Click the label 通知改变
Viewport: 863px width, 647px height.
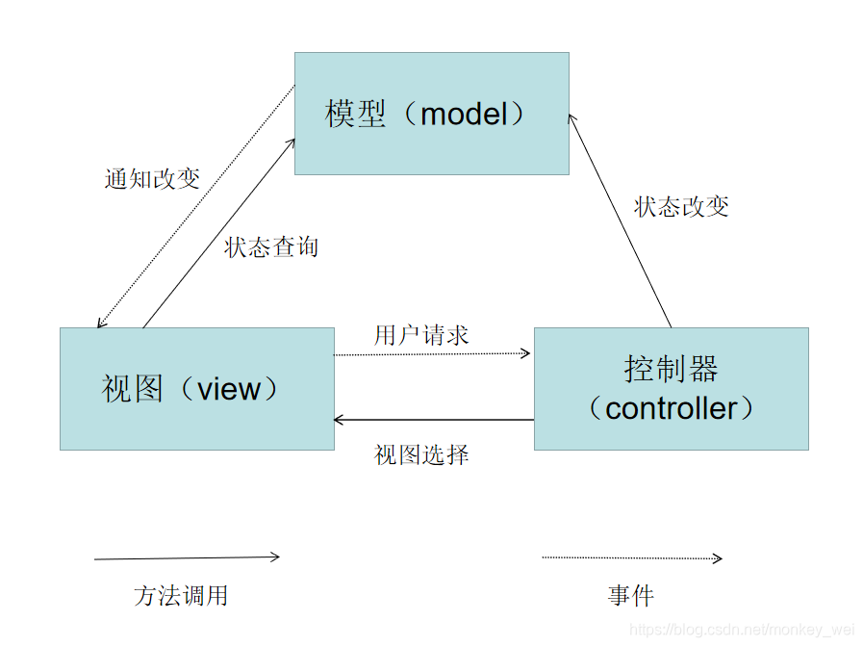coord(152,179)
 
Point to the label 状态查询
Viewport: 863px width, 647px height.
coord(271,247)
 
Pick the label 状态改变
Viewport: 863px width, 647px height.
coord(681,207)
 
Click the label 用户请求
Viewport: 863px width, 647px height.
coord(421,335)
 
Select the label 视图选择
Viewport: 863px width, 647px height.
coord(421,454)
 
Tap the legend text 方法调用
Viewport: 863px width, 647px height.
coord(181,596)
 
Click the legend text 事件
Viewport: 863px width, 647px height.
coord(630,596)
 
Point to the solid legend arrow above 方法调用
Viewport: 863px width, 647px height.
coord(187,556)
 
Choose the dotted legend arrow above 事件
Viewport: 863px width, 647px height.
coord(631,556)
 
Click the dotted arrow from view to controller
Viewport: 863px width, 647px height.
coord(433,354)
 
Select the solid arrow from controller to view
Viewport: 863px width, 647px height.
coord(433,420)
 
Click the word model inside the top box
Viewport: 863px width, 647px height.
coord(464,115)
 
